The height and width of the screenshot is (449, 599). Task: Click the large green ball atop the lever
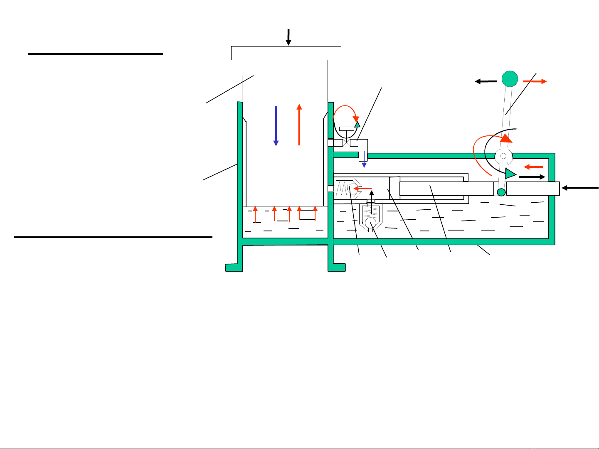pos(510,79)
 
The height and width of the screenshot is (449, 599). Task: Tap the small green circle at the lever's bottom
pos(501,192)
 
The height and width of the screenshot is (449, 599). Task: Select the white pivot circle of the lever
pos(503,156)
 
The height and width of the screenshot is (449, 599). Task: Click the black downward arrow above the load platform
pos(288,37)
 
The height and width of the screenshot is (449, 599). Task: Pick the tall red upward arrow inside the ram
pos(299,125)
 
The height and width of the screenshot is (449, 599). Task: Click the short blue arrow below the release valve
pos(364,159)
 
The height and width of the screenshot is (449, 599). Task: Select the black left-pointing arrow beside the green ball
pos(486,82)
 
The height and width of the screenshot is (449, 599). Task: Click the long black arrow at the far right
pos(580,188)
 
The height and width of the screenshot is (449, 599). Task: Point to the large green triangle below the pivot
pos(510,173)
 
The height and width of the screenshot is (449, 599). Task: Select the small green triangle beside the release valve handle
pos(357,124)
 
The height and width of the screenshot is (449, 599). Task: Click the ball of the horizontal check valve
pos(354,189)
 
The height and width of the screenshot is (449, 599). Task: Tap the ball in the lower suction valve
pos(371,224)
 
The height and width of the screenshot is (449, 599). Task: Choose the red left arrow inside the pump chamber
pos(362,189)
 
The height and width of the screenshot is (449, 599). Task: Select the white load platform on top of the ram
pos(286,53)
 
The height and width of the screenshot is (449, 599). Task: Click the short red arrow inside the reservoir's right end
pos(533,167)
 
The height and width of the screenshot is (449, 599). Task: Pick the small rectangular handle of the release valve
pos(346,129)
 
